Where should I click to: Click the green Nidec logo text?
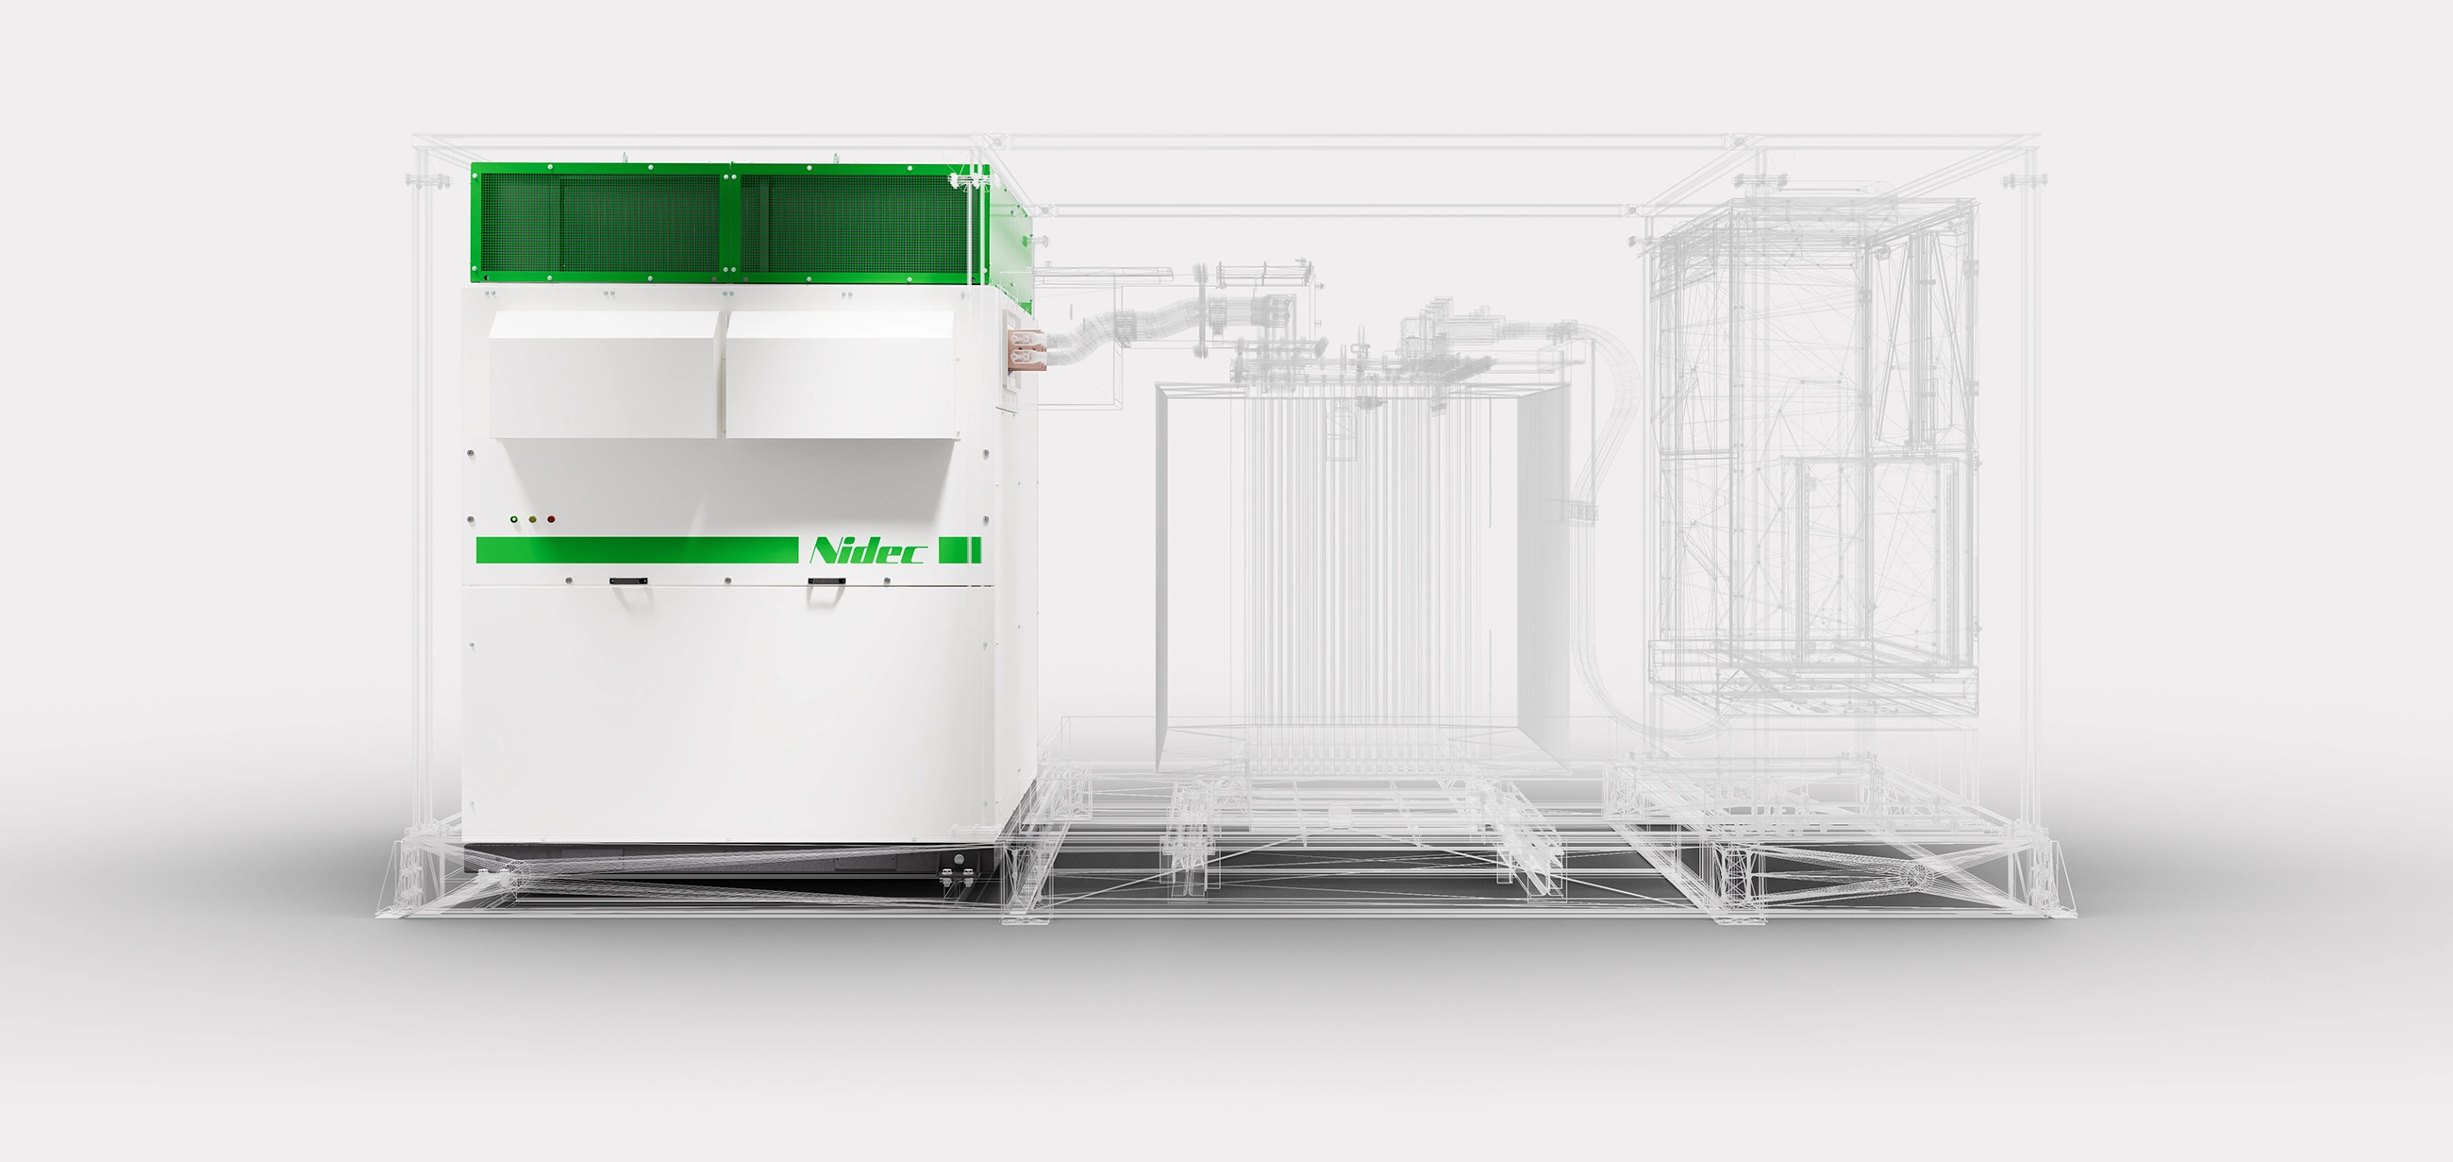[x=865, y=551]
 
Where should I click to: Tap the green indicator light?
[x=513, y=519]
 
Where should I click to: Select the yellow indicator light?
[x=532, y=519]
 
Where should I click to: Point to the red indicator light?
[x=550, y=519]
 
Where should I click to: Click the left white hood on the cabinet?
[x=605, y=375]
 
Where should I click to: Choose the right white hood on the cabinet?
[x=844, y=375]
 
